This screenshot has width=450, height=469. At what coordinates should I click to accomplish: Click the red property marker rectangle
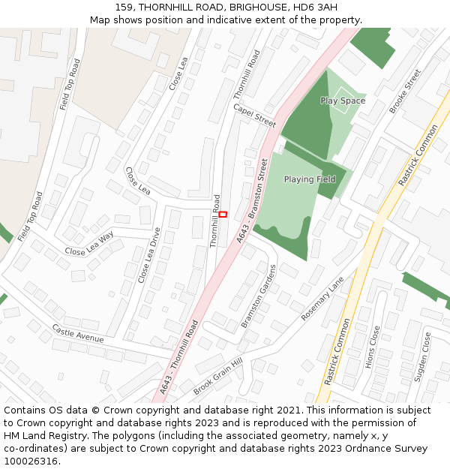click(x=223, y=215)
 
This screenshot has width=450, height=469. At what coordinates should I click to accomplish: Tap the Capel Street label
click(x=254, y=115)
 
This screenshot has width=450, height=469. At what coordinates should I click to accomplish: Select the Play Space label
click(x=343, y=101)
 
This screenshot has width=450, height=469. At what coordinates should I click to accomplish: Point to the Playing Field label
click(x=310, y=179)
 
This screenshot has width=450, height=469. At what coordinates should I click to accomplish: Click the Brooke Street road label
click(x=405, y=92)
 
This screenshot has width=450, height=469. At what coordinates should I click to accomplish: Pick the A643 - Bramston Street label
click(x=253, y=200)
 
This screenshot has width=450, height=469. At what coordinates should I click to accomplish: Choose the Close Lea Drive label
click(x=149, y=255)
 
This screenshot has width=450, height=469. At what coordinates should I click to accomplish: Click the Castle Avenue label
click(x=78, y=334)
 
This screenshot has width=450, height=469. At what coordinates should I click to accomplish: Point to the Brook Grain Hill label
click(x=218, y=377)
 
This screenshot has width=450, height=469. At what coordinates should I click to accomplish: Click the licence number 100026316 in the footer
click(x=32, y=461)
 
